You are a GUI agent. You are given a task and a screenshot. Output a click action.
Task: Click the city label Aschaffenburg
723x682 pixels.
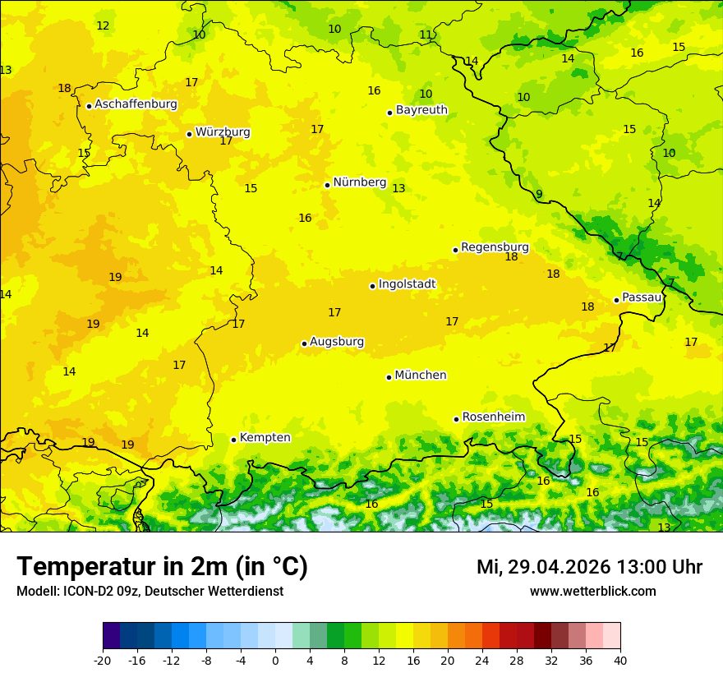coord(136,104)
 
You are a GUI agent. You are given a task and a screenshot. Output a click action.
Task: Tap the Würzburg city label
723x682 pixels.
coord(223,132)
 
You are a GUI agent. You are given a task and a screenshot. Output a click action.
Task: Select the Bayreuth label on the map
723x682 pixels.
coord(421,110)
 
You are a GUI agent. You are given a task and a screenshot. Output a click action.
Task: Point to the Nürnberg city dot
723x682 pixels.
coord(327,185)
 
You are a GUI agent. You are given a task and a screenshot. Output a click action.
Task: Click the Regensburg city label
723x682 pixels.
coord(495,247)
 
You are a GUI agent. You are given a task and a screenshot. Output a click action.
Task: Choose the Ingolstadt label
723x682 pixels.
coord(407,284)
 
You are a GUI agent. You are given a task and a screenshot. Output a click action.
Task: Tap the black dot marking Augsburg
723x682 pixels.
coord(304,343)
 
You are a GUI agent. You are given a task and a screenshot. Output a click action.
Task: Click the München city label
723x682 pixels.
coord(421,376)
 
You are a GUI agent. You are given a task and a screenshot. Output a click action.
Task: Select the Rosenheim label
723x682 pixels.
coord(493,417)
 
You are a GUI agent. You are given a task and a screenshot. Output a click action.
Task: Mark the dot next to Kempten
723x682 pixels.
coord(233,440)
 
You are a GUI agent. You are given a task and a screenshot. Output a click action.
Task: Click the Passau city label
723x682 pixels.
coord(642,297)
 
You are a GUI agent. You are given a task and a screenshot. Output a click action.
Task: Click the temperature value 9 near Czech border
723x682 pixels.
coord(539,195)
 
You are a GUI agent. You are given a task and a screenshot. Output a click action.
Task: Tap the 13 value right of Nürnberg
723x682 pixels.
coord(398,189)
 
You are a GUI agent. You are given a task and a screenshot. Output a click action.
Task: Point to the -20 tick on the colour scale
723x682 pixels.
coord(103,660)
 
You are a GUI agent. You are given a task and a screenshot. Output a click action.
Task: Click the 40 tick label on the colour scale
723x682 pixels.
coord(620,660)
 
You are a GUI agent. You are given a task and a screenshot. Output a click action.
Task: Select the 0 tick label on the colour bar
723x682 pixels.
coord(275,660)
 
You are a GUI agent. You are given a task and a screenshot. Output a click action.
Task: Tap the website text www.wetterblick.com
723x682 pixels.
coord(592,592)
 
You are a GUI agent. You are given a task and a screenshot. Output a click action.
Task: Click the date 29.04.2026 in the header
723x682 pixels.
coord(559,567)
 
